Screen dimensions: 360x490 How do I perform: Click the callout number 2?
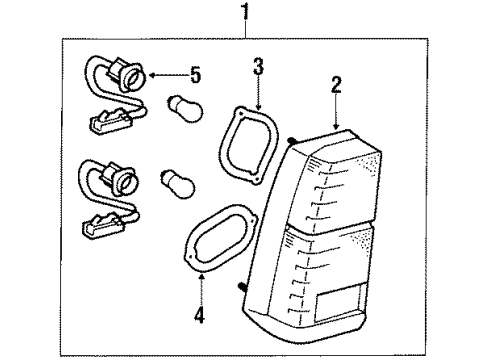tap(337, 86)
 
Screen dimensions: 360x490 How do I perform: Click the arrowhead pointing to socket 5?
tap(153, 73)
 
